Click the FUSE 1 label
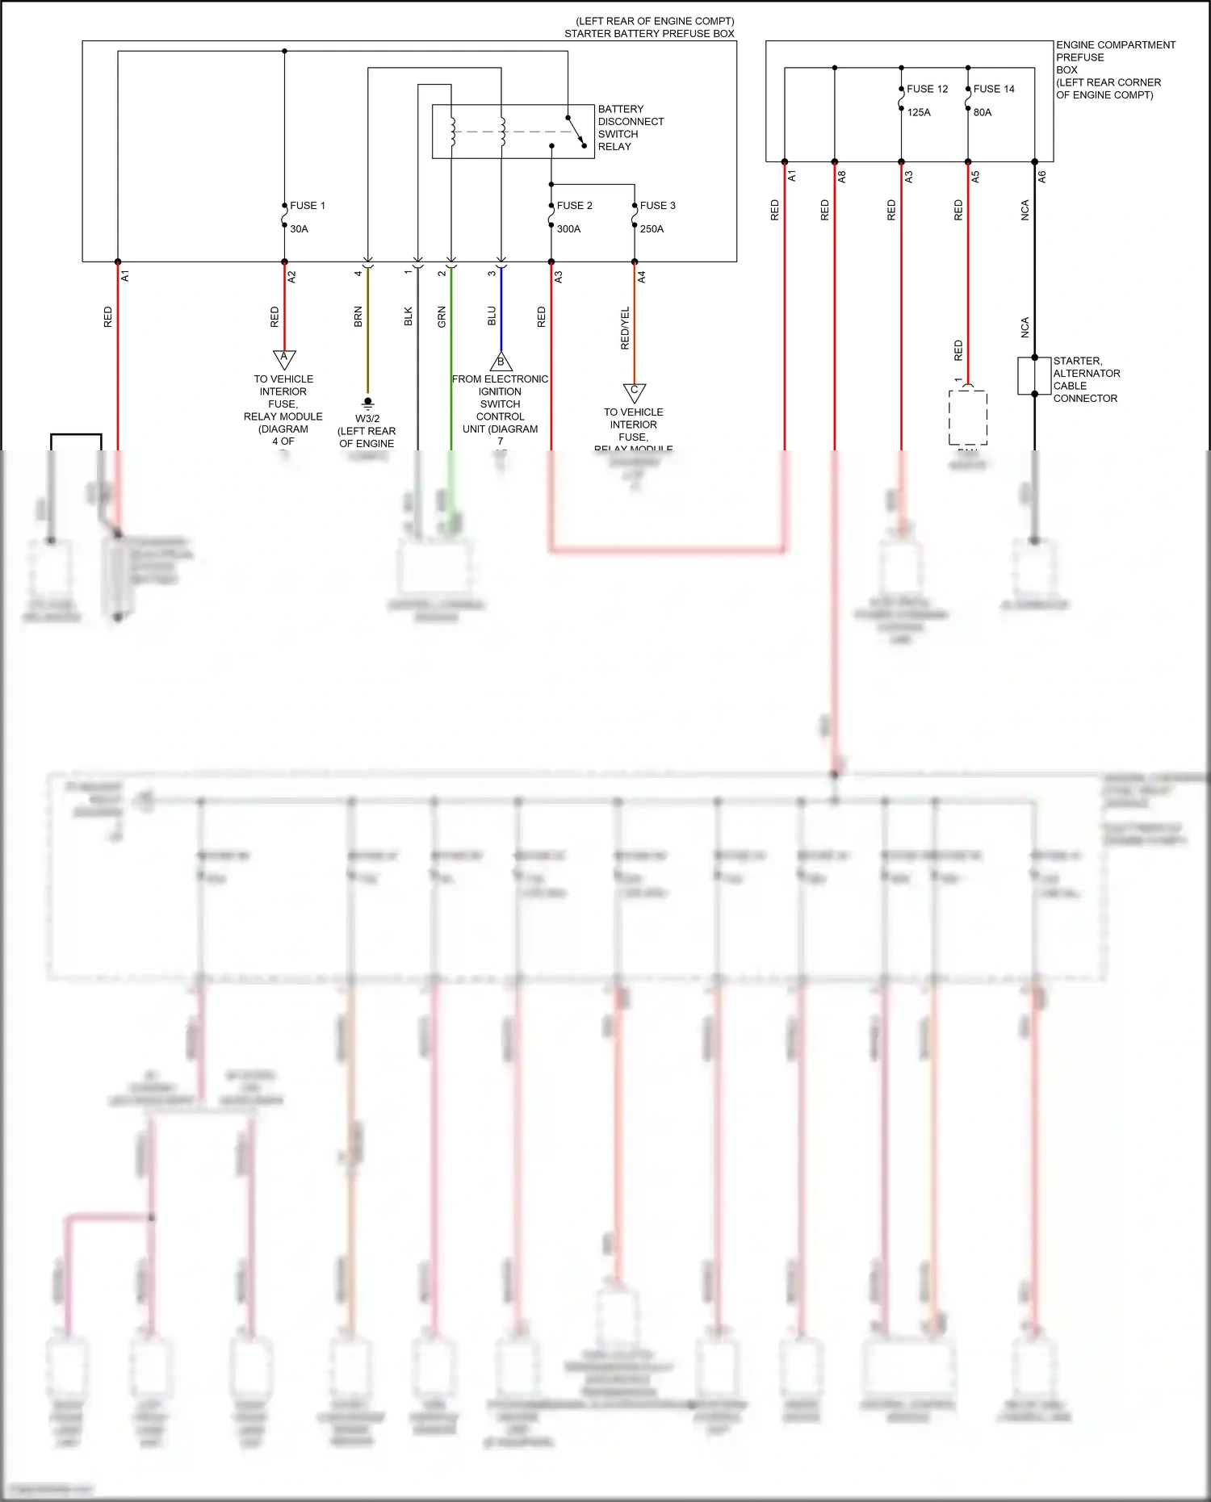[x=308, y=206]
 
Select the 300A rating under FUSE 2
[x=568, y=229]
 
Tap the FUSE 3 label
[x=657, y=206]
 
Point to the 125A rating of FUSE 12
[x=919, y=113]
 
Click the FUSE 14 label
[x=994, y=90]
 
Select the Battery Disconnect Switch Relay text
[x=631, y=128]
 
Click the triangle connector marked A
[x=284, y=358]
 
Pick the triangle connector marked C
[x=635, y=392]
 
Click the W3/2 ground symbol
[x=368, y=402]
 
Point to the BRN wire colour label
[x=358, y=316]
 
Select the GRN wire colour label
[x=442, y=316]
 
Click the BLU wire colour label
[x=492, y=316]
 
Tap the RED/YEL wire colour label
[x=625, y=328]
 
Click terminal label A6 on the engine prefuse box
[x=1042, y=176]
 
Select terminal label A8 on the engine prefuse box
[x=842, y=176]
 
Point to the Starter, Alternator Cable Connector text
[x=1086, y=379]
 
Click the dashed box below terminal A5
[x=967, y=417]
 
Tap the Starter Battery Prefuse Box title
[x=649, y=34]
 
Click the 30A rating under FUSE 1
[x=299, y=229]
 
